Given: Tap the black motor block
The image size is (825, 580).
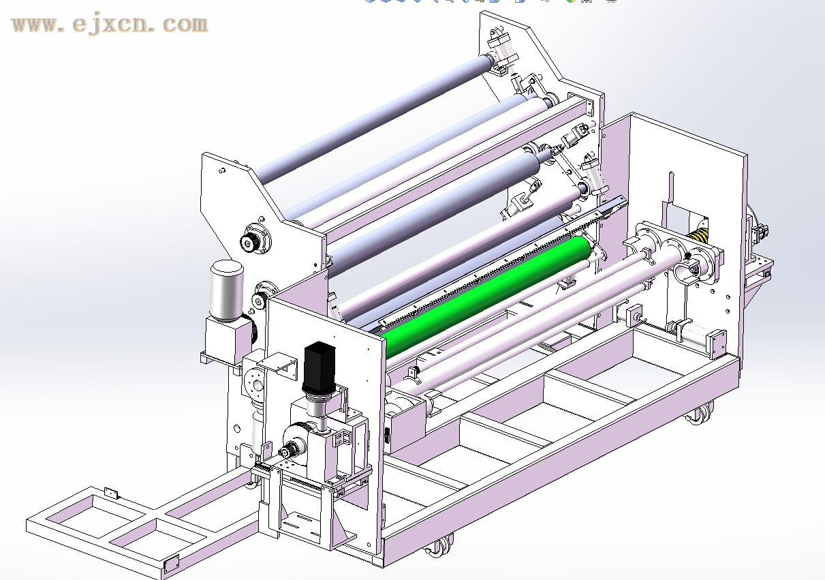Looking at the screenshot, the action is pos(320,366).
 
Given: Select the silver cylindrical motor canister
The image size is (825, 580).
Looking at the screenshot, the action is pos(226,290).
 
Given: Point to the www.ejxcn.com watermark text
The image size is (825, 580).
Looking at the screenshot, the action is pos(110,25).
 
